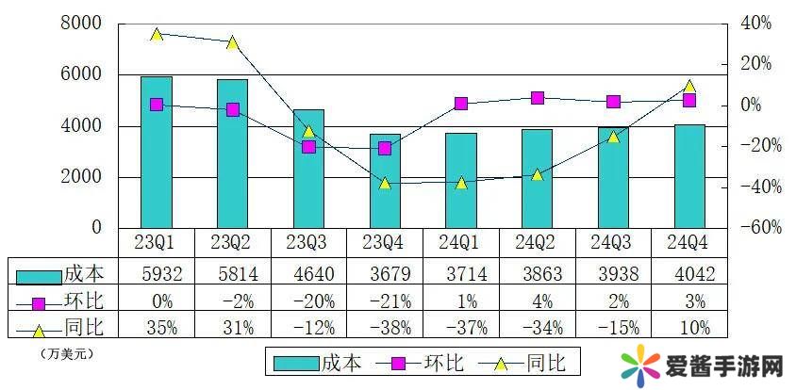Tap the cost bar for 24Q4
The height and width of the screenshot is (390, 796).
(x=689, y=177)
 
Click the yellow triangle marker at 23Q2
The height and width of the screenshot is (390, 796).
(x=232, y=42)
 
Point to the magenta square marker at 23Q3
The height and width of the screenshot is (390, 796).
(x=308, y=146)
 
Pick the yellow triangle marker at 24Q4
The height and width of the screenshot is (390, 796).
(x=689, y=87)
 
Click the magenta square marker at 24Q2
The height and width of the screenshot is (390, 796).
(x=537, y=98)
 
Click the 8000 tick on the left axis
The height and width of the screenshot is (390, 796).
(x=82, y=24)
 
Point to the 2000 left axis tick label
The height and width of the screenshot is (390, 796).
(x=82, y=177)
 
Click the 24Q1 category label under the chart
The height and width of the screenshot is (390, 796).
(x=460, y=243)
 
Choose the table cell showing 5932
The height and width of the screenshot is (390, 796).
(x=157, y=274)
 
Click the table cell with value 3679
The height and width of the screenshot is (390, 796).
(x=385, y=274)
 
